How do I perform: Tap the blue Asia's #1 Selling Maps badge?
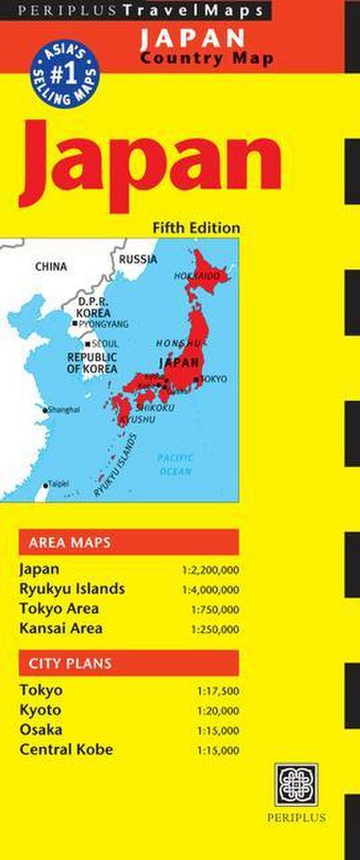tap(65, 69)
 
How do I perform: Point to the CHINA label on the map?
tap(51, 266)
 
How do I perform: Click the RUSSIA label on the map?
tap(138, 259)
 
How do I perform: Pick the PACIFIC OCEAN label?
tap(175, 464)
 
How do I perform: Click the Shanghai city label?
tap(63, 409)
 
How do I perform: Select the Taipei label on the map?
tap(58, 483)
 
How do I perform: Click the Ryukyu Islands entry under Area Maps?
tap(72, 589)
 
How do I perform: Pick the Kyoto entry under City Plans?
tap(40, 710)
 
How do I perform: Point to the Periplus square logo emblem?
tap(296, 784)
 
